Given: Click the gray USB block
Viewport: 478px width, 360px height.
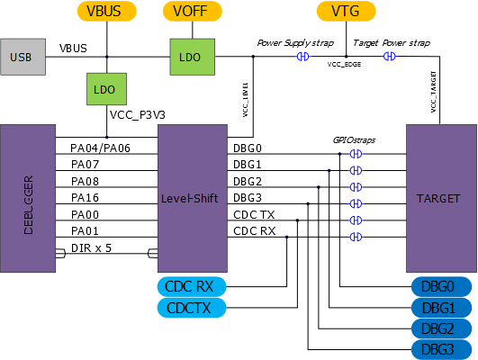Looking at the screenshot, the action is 23,57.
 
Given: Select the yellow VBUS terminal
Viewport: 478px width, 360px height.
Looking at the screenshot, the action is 107,12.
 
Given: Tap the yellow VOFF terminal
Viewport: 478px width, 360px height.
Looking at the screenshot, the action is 193,12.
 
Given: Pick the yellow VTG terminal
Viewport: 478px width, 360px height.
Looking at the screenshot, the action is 347,12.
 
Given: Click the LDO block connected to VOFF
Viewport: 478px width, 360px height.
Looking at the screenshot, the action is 193,57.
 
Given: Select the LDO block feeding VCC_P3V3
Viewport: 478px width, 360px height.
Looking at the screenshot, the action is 107,89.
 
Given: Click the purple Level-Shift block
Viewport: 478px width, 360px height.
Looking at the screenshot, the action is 193,198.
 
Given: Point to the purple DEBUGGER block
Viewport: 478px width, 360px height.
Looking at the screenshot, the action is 28,198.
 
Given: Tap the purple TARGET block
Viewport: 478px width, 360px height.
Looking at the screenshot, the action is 441,198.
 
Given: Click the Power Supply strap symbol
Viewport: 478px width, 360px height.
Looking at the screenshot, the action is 302,57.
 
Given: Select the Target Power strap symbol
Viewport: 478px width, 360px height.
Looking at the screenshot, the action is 390,57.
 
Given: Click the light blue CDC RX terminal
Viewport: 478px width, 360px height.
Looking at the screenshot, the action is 192,286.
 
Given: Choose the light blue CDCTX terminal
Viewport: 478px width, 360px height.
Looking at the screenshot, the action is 192,308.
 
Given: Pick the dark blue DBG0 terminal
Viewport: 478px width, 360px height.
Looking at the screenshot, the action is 442,286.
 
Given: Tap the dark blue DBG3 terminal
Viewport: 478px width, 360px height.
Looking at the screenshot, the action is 442,349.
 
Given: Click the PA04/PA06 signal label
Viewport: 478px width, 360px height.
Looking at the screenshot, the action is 100,148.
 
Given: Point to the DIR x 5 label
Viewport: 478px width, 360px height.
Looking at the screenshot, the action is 92,248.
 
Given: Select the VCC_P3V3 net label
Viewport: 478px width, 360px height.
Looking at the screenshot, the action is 138,115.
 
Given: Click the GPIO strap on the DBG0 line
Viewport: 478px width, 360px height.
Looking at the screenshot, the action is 356,154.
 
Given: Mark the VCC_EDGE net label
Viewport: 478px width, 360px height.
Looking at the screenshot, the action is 344,64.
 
